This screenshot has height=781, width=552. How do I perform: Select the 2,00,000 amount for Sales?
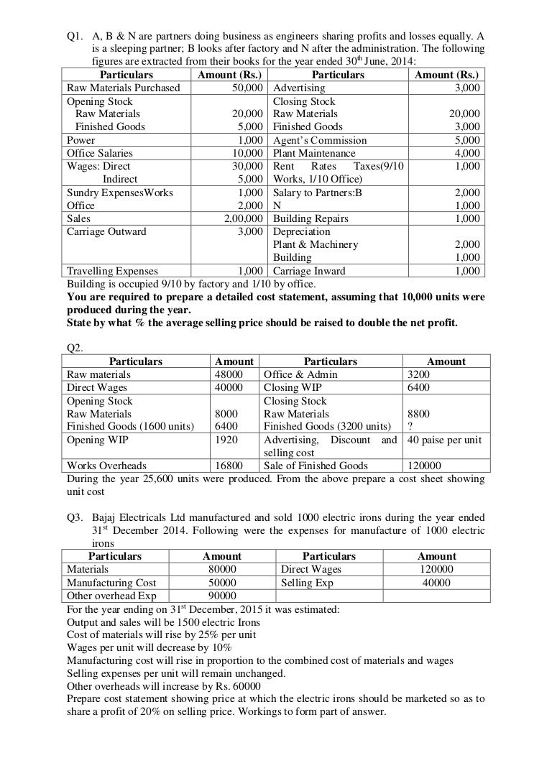(x=241, y=218)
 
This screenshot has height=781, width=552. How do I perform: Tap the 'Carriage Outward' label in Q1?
(x=106, y=231)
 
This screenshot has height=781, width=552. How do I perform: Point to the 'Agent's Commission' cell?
(x=320, y=140)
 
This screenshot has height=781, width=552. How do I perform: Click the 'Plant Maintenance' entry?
(x=314, y=153)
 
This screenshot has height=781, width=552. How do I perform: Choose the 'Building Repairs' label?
(x=310, y=218)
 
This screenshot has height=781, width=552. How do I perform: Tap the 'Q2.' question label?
(x=75, y=347)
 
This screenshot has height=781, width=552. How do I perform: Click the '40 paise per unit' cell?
(x=444, y=440)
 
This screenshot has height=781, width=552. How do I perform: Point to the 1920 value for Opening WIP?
(x=226, y=440)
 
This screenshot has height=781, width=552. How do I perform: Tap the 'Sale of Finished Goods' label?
(x=316, y=466)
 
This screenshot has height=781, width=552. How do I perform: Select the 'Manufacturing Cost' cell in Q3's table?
(x=111, y=583)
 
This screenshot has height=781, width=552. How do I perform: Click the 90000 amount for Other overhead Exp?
(x=222, y=596)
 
